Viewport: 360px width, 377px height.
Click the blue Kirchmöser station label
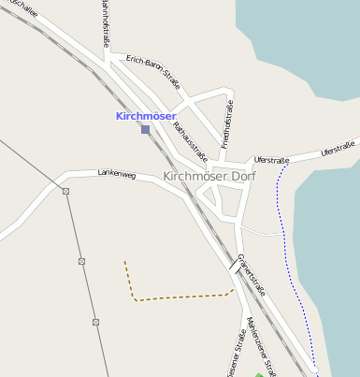146,116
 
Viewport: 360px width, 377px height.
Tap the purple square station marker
145,129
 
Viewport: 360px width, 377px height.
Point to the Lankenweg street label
116,175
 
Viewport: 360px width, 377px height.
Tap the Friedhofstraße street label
227,124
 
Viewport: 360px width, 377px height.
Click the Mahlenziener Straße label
261,346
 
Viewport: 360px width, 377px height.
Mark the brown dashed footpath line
178,298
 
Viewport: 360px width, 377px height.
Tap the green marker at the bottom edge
259,374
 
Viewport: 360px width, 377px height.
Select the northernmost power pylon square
65,191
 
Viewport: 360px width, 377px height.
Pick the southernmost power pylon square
95,322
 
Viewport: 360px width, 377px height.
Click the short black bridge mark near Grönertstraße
231,265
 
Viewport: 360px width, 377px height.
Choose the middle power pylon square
81,260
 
